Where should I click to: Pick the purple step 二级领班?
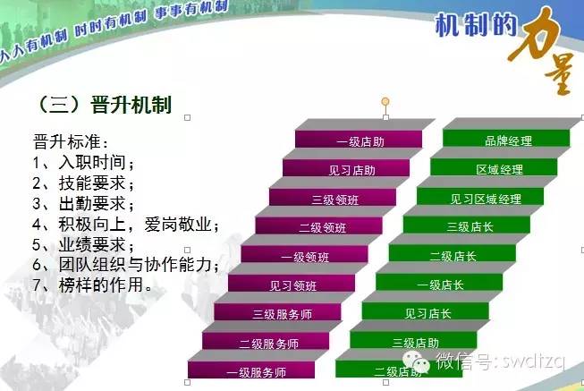319,227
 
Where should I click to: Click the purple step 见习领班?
292,285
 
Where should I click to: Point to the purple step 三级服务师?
279,314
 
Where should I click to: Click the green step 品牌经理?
507,140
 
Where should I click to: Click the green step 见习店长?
427,313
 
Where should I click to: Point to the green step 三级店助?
414,342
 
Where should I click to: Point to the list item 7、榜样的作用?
92,285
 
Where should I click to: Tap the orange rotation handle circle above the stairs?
385,101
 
